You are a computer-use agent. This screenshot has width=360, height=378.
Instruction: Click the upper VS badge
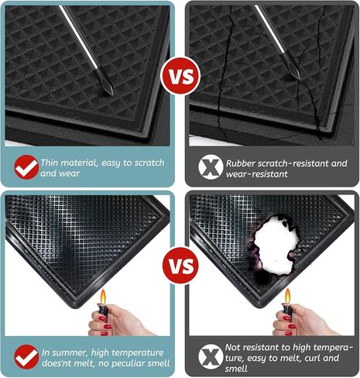(180, 76)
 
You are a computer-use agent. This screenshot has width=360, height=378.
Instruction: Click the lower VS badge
(180, 265)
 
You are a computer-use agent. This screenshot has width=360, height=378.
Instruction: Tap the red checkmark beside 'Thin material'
(26, 167)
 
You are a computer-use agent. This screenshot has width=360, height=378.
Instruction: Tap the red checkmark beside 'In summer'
(26, 357)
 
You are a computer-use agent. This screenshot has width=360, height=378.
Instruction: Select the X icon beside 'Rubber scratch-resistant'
(211, 167)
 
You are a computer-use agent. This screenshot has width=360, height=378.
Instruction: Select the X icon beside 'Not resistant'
(211, 356)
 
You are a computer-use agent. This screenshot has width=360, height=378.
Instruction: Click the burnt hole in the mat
(275, 246)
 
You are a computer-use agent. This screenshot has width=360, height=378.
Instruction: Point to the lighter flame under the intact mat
(103, 297)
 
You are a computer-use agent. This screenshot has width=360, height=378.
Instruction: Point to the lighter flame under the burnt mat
(287, 297)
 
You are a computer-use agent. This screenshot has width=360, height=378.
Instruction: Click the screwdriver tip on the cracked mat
(296, 72)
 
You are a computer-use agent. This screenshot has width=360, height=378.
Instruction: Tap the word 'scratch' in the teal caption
(149, 163)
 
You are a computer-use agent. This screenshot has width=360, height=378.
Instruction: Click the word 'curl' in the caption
(313, 358)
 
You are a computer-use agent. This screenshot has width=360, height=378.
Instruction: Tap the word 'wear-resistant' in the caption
(256, 174)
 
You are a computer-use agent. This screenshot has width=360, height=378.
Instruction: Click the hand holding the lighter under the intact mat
(122, 321)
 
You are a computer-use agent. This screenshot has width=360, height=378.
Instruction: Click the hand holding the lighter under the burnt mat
(304, 320)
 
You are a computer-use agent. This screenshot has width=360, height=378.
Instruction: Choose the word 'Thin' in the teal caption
(50, 163)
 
